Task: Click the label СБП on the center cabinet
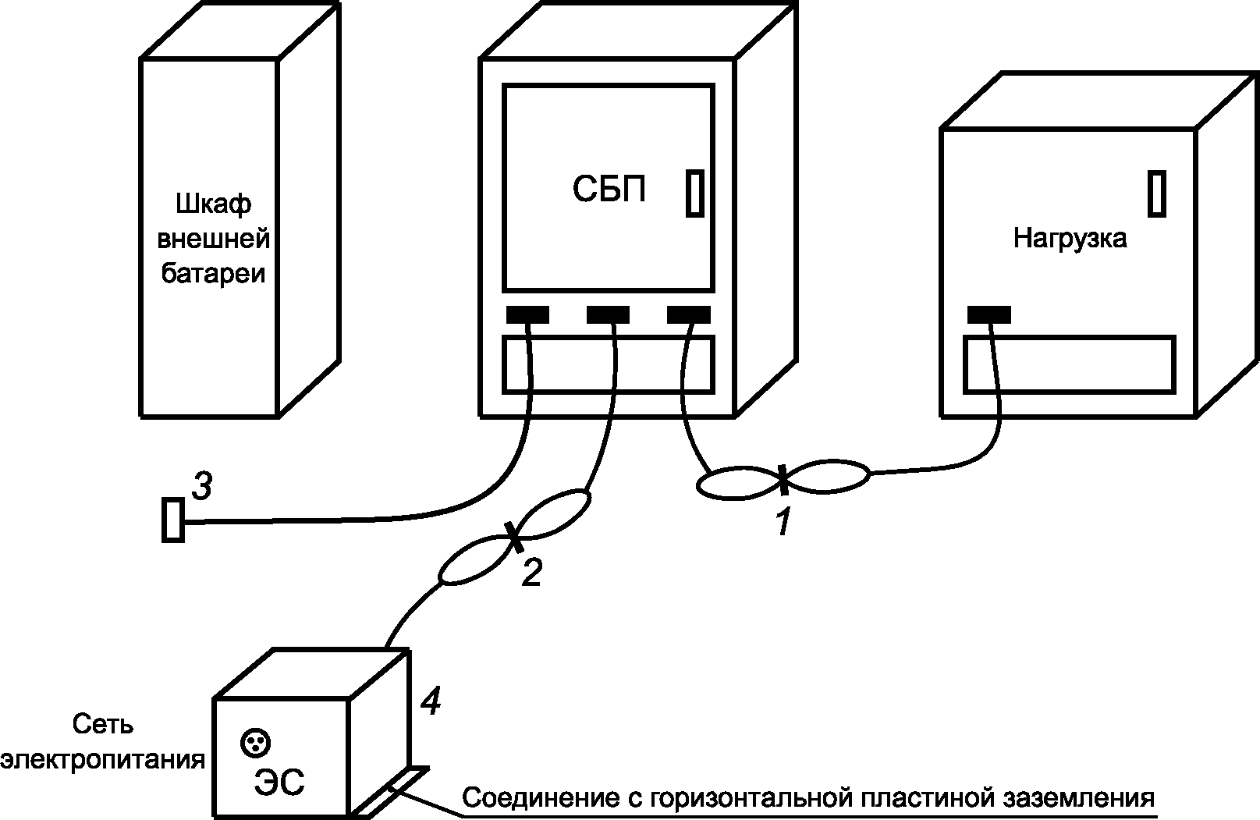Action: (609, 188)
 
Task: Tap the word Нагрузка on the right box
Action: (1070, 238)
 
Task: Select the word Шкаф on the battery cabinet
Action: (213, 204)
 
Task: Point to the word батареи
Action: (213, 274)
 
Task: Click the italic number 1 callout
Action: (782, 522)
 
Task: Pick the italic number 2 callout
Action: (531, 573)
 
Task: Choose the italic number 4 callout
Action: (430, 702)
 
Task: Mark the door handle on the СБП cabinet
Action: (694, 193)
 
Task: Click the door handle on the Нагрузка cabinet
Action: (1157, 193)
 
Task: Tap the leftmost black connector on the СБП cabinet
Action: (528, 315)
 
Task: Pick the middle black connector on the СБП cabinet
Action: (609, 315)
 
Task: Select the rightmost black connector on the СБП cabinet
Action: (689, 315)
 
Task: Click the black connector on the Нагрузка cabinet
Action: (989, 315)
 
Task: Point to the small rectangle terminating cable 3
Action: (172, 520)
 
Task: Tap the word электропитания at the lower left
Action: (103, 760)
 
